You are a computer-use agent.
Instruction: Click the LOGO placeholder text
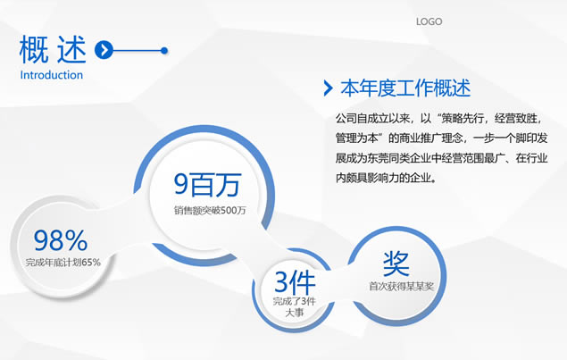click(429, 21)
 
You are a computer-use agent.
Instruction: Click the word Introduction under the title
click(52, 75)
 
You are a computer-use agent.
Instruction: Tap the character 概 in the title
click(34, 49)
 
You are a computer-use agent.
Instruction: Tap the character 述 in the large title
click(71, 49)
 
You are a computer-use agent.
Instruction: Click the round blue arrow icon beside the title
click(104, 50)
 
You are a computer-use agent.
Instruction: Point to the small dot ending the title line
click(164, 50)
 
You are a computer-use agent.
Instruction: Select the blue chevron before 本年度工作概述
click(328, 88)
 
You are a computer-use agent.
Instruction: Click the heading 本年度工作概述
click(405, 88)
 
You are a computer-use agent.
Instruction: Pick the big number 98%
click(61, 240)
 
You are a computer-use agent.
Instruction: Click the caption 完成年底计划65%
click(63, 263)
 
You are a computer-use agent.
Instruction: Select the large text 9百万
click(207, 185)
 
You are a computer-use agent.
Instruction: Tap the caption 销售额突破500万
click(210, 210)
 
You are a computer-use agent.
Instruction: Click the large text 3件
click(295, 282)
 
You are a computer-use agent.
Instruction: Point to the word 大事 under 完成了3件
click(295, 313)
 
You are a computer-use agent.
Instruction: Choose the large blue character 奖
click(396, 264)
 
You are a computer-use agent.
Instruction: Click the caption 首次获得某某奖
click(401, 287)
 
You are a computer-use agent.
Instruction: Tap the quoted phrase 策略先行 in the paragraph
click(463, 119)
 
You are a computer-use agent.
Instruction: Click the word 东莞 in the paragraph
click(378, 158)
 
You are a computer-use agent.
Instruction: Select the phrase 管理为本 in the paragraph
click(357, 138)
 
